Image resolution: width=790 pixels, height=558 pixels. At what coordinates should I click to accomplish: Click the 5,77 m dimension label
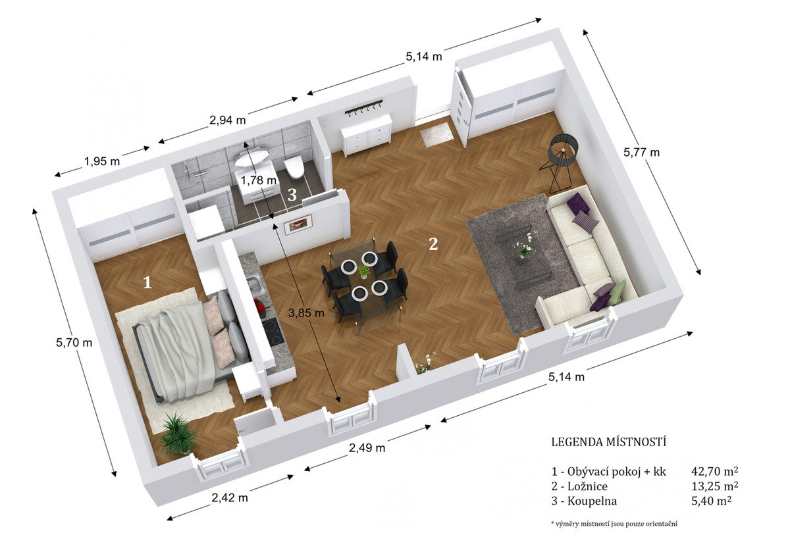coord(641,152)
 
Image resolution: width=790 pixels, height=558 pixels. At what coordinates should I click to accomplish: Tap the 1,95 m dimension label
coord(102,161)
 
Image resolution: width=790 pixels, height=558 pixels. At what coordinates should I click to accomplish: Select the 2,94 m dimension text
coord(228,120)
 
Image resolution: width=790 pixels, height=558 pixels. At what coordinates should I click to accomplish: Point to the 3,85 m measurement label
coord(306,313)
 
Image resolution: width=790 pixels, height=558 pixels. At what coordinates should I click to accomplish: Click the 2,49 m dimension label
coord(367,448)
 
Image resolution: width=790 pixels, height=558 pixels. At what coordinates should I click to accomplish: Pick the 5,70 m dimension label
coord(74,342)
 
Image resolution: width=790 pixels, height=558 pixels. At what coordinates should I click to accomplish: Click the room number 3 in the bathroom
coord(292,195)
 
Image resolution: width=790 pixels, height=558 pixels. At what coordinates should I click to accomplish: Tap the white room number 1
coord(147,282)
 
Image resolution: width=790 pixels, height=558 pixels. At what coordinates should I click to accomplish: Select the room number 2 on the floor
coord(433,244)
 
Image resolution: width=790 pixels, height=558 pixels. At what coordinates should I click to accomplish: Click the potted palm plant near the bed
coord(176,434)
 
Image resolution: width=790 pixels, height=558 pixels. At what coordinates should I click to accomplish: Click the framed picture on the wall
coord(298,224)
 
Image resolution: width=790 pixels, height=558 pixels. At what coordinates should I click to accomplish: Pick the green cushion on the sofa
coord(618,292)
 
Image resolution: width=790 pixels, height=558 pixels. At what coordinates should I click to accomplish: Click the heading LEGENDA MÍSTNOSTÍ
coord(609,442)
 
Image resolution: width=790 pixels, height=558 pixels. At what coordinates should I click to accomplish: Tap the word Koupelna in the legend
coord(592,501)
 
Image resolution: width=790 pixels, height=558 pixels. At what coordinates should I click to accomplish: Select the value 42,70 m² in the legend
coord(714,471)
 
